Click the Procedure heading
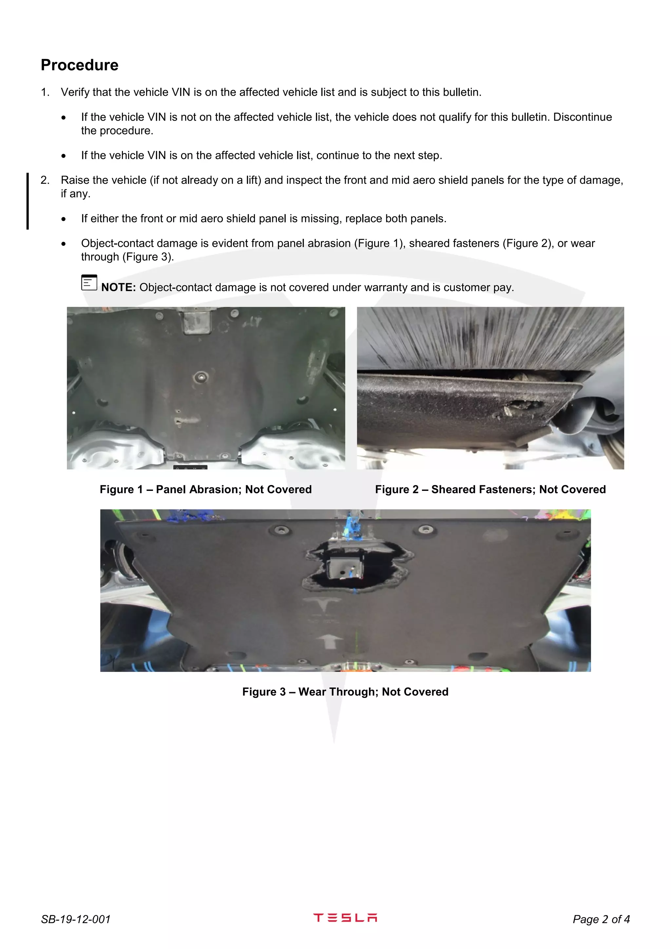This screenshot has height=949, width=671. (79, 65)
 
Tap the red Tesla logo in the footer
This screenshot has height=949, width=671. (345, 918)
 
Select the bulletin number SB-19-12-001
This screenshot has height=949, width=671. (76, 919)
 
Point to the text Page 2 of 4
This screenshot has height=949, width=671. (601, 919)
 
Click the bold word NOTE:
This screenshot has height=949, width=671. (119, 287)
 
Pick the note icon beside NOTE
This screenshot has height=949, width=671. (89, 283)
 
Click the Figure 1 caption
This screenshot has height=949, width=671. (205, 489)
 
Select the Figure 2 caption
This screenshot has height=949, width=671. (490, 489)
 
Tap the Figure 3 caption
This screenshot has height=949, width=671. (345, 692)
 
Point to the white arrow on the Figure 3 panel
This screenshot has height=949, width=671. (329, 640)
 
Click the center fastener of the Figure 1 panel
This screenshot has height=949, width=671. (201, 377)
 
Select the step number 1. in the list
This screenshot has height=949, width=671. (45, 92)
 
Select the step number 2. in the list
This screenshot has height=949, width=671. (45, 180)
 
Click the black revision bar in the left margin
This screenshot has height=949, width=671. (28, 201)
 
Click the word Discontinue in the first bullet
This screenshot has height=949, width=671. (582, 117)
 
